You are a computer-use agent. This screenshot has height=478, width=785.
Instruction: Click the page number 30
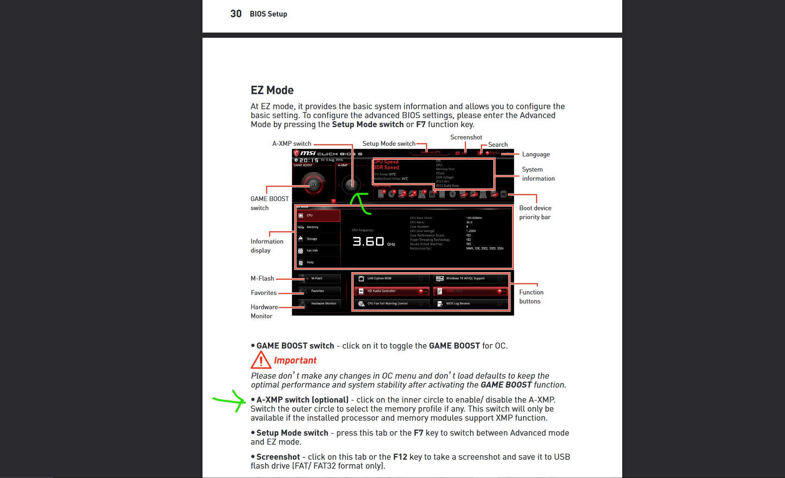(236, 14)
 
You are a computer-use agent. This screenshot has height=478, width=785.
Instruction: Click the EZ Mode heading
(272, 90)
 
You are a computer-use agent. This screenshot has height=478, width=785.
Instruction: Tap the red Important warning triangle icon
(260, 360)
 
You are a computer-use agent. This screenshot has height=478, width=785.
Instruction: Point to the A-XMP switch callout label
(291, 144)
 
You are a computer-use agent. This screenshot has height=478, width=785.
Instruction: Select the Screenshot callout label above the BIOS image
(466, 137)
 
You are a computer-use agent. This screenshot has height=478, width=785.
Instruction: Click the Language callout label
(536, 154)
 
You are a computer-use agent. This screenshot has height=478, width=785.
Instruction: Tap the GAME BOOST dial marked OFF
(313, 184)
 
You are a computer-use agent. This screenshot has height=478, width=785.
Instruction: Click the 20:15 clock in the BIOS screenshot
(309, 160)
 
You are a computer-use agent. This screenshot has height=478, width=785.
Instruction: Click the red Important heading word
(295, 360)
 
